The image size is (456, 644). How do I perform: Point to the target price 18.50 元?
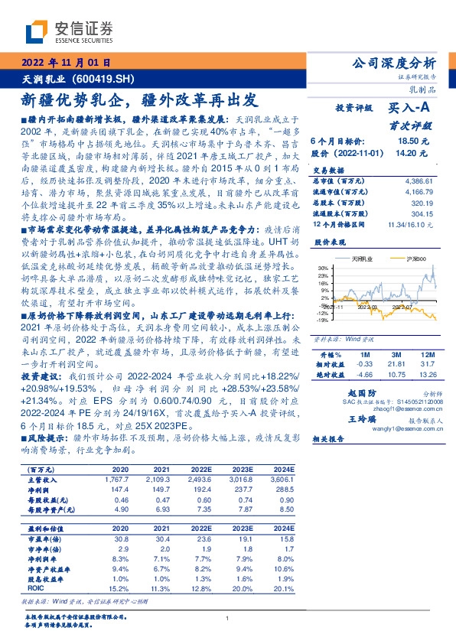pos(412,141)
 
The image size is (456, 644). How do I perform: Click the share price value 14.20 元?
pos(412,153)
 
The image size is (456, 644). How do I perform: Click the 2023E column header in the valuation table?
pos(243,528)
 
